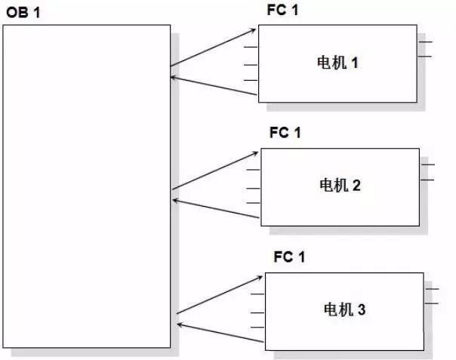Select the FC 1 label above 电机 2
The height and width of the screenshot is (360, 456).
point(285,134)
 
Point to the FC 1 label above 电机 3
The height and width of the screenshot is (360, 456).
point(289,257)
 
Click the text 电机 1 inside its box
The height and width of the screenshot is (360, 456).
point(337,63)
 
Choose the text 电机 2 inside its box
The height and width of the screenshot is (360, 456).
point(340,185)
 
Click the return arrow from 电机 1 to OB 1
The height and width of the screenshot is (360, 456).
point(214,85)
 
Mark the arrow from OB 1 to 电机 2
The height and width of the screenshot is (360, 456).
point(216,171)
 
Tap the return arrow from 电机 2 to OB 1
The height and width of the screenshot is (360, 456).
point(217,210)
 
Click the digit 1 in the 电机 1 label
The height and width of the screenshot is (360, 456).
point(354,63)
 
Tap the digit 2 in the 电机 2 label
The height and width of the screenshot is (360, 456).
point(356,185)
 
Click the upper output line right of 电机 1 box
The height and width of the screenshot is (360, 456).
point(425,42)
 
